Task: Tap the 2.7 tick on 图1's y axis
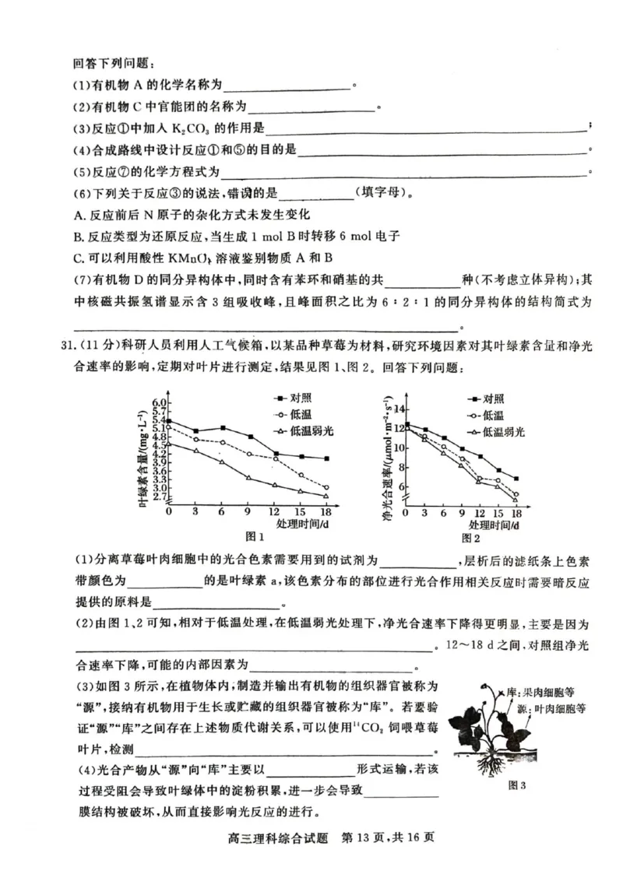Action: (160, 496)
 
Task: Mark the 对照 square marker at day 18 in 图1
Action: (326, 458)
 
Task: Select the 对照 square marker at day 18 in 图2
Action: (516, 479)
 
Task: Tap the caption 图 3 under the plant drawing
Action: (519, 785)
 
